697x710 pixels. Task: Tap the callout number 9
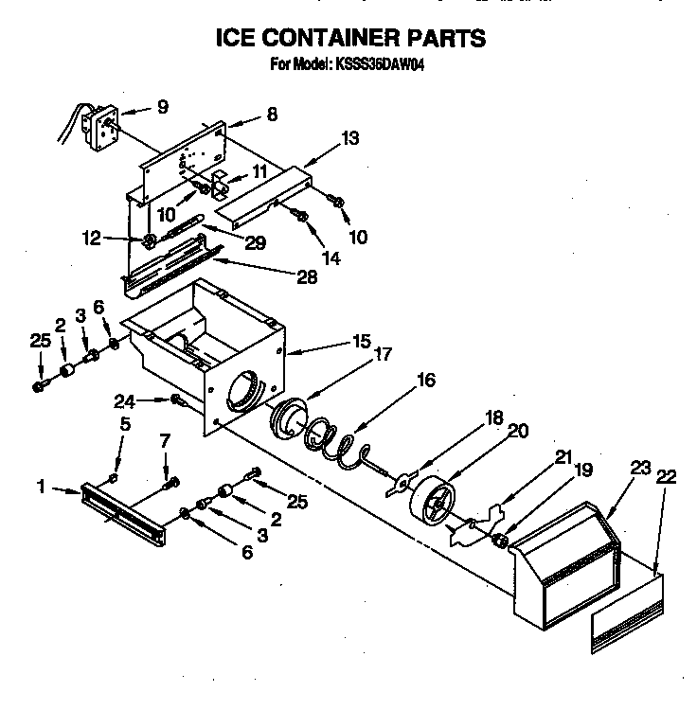tap(162, 108)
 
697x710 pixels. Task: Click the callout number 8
tap(272, 115)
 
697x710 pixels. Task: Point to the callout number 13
tap(351, 138)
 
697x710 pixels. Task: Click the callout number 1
tap(42, 488)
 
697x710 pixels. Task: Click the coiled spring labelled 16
tap(335, 440)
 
